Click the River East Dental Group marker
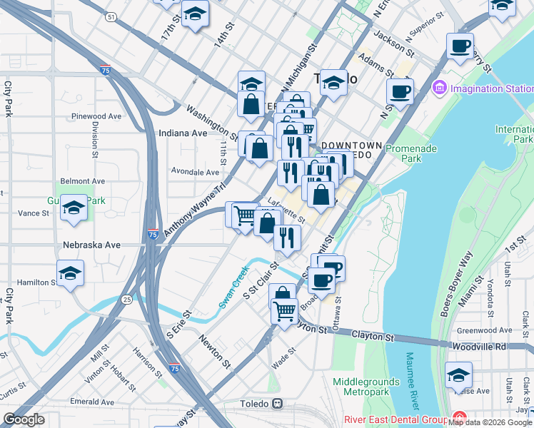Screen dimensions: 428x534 (x=458, y=419)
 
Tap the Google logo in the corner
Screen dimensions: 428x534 (x=24, y=419)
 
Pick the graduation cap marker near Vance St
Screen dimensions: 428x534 (x=74, y=209)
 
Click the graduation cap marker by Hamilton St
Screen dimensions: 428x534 (x=70, y=274)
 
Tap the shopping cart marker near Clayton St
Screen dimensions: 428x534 (x=284, y=312)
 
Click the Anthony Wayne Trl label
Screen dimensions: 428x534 (x=195, y=209)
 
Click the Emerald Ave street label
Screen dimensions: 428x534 (x=92, y=402)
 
